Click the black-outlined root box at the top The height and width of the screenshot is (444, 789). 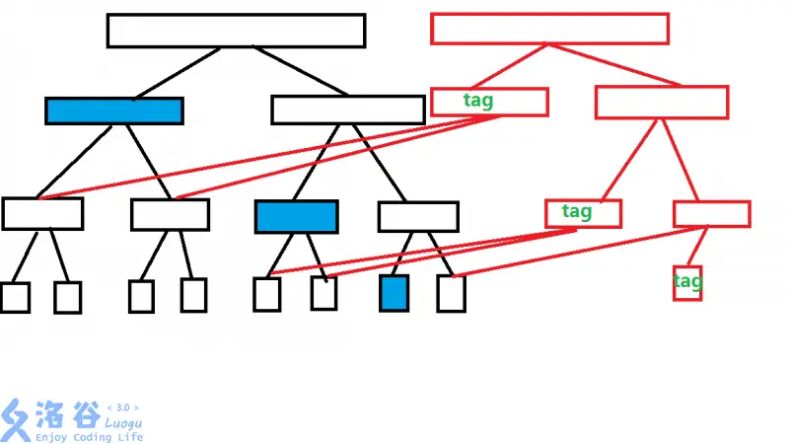[x=236, y=31]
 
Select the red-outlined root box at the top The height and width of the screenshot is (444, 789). [x=549, y=29]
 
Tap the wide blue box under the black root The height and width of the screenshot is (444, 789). [x=114, y=111]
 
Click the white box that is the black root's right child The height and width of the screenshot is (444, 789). [x=347, y=110]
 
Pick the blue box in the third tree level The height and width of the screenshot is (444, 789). [x=296, y=216]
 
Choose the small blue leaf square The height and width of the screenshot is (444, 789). [x=394, y=293]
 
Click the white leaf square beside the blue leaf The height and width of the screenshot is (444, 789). [x=451, y=293]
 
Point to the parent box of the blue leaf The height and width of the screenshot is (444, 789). [x=418, y=216]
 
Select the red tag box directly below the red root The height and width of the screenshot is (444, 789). [x=489, y=102]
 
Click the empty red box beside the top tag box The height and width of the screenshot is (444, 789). [x=662, y=103]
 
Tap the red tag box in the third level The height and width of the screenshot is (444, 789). [x=583, y=213]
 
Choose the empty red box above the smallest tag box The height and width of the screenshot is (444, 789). [x=711, y=213]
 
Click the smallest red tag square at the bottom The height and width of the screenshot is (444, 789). [x=687, y=282]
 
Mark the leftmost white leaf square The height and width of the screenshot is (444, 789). [x=15, y=297]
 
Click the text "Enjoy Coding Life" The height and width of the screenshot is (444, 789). [x=89, y=437]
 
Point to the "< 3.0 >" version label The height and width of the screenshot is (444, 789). [x=122, y=407]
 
